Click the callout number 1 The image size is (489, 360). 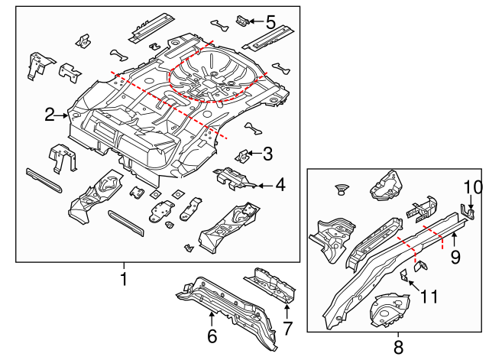click(x=123, y=280)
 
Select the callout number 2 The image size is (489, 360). click(x=50, y=115)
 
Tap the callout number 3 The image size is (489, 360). click(x=267, y=154)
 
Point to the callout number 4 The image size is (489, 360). click(x=280, y=184)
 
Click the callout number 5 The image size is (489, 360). click(x=270, y=22)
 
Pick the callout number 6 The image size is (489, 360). click(x=212, y=336)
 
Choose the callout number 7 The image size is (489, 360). click(x=287, y=329)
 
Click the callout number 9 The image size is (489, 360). click(x=455, y=257)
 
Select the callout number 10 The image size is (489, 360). click(x=473, y=186)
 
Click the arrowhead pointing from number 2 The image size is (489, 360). click(x=67, y=115)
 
